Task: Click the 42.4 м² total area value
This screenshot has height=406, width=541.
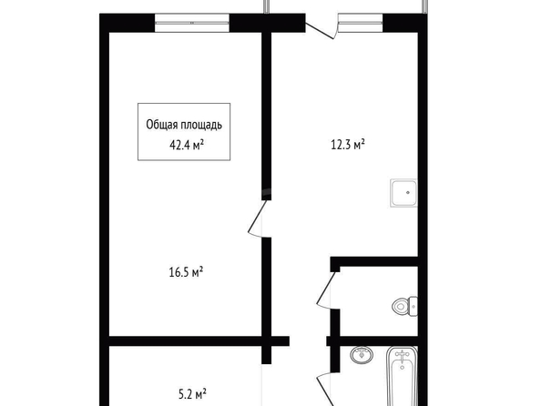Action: pos(187,146)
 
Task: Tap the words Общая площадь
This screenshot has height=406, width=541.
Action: pos(184,125)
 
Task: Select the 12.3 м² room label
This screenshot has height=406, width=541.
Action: pos(348,145)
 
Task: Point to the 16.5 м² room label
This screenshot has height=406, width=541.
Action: pos(186,272)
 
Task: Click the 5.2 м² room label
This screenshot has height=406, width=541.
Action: pos(192,394)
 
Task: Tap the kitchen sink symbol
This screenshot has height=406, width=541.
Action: pos(403,193)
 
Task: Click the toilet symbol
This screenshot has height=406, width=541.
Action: pos(404,306)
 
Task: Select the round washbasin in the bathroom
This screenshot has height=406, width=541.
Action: pos(362,355)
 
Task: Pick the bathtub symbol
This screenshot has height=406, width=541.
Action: pos(402,376)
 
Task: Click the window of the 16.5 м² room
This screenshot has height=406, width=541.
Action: pos(192,23)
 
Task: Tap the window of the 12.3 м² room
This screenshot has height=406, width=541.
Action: pos(360,23)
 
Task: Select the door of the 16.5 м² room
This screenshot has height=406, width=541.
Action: pos(257,218)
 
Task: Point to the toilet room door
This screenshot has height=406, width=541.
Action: pos(326,289)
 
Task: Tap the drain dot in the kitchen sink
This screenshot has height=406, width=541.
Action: pos(408,193)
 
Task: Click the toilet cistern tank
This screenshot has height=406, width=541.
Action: pos(413,306)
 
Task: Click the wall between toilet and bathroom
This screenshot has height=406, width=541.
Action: pos(373,340)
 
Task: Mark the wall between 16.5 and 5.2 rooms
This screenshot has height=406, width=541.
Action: pos(199,340)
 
